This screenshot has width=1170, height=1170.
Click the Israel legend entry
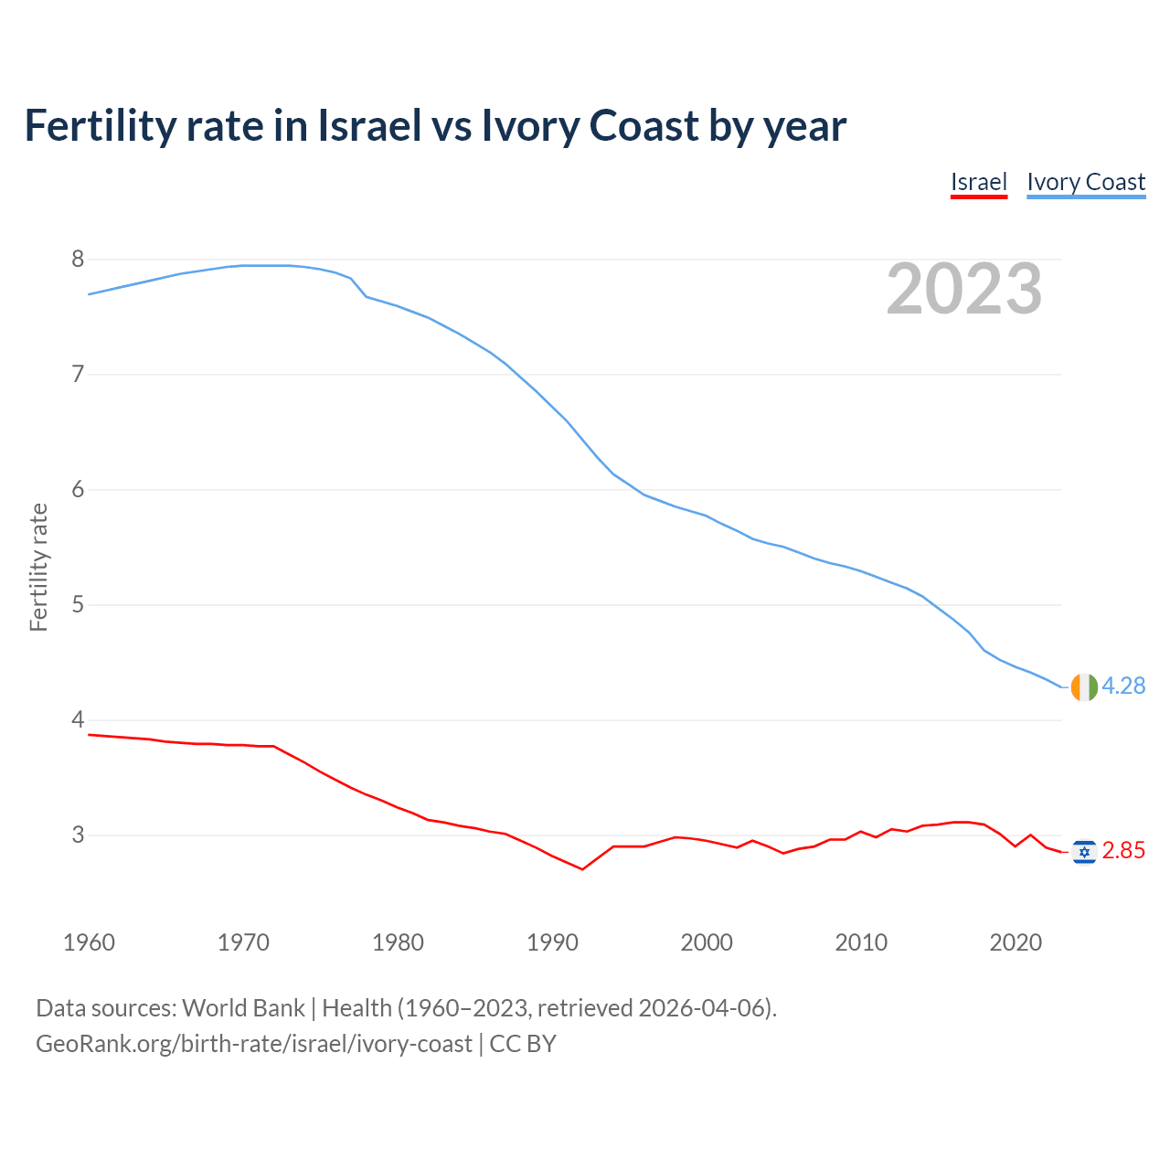(x=978, y=182)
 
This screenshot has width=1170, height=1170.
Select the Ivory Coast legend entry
(x=1086, y=182)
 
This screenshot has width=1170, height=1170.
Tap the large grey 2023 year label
(x=963, y=289)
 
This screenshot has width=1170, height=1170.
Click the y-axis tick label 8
(x=78, y=260)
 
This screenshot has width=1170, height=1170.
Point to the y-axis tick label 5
(x=78, y=605)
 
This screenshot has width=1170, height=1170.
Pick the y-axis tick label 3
(x=78, y=835)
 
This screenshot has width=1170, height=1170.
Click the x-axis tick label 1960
(x=89, y=942)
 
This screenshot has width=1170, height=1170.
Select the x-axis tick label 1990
(x=552, y=942)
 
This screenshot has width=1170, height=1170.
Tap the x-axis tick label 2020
(x=1016, y=942)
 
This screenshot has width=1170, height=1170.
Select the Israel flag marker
(x=1083, y=852)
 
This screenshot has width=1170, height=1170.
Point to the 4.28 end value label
(x=1123, y=686)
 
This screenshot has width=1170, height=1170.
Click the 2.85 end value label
(x=1123, y=851)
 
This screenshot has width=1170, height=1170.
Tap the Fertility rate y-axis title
(x=38, y=567)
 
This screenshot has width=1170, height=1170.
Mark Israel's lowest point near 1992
(x=582, y=868)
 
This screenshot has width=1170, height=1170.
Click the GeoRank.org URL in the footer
(x=253, y=1044)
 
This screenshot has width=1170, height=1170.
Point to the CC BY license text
(x=523, y=1044)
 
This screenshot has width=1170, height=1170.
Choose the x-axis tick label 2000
(x=707, y=942)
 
